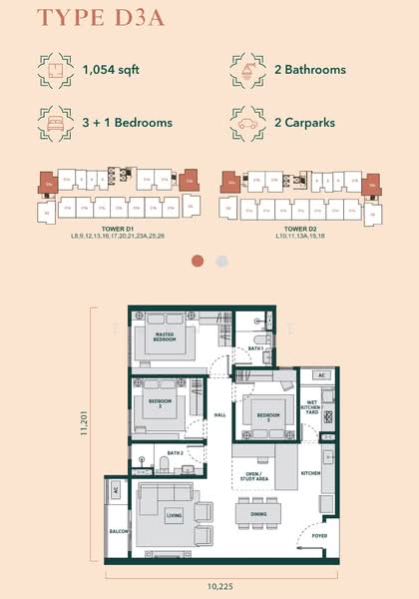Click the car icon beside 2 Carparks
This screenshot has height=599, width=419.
pos(245,122)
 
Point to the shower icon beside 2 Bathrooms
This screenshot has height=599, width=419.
pos(245,70)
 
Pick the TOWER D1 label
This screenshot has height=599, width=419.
pos(118,229)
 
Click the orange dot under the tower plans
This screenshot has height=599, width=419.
pos(198,261)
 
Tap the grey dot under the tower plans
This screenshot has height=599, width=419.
pos(221,261)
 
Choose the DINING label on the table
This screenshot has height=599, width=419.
pos(258,514)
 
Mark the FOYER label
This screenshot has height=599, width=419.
pos(319,536)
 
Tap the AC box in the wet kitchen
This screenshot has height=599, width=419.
pos(321,375)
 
